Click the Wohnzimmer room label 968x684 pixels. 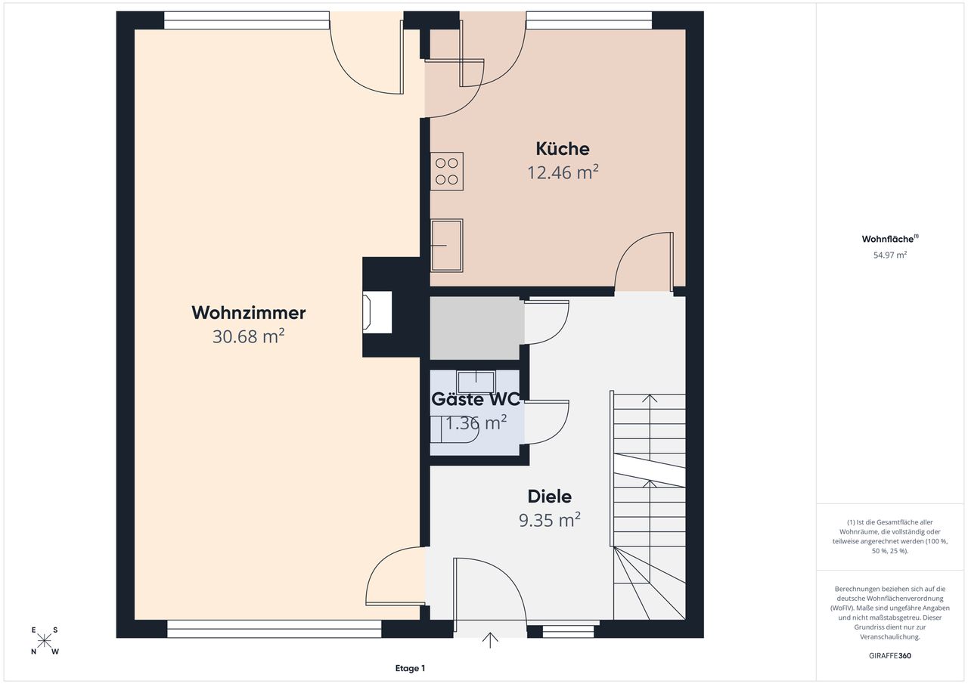[249, 313]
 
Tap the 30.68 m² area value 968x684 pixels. [249, 336]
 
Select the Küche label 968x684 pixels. [563, 149]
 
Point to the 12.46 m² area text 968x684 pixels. [563, 172]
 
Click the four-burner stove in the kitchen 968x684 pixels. [447, 172]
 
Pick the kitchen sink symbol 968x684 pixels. [447, 246]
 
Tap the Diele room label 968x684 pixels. [550, 497]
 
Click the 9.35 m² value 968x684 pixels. [550, 520]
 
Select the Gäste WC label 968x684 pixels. [476, 399]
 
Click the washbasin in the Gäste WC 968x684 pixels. [476, 382]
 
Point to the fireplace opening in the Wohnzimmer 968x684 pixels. [377, 312]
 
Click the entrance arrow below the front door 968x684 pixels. [489, 640]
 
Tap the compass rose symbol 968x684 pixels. [44, 641]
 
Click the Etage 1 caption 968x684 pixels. [410, 668]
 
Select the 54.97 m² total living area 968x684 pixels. [890, 255]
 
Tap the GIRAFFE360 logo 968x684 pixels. [890, 655]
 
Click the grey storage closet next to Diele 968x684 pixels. [475, 328]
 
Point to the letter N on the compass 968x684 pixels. [33, 652]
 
